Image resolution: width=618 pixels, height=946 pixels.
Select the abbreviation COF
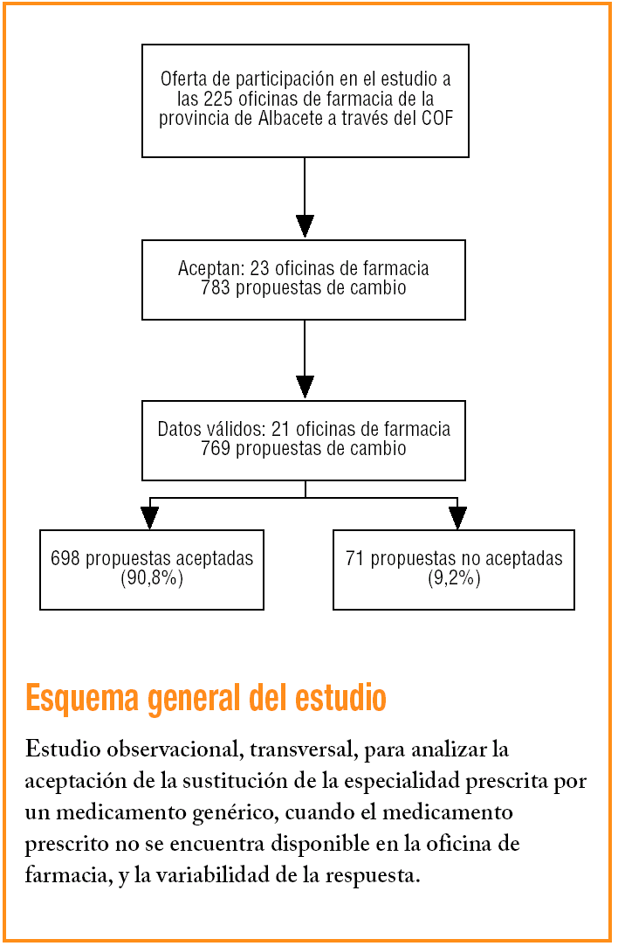pyautogui.click(x=436, y=119)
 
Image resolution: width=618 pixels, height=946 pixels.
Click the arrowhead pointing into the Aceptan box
pyautogui.click(x=305, y=225)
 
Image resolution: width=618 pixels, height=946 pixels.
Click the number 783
pyautogui.click(x=215, y=287)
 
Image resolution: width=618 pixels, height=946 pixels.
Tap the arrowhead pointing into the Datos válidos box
pyautogui.click(x=305, y=386)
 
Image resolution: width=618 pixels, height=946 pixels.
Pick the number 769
pyautogui.click(x=215, y=449)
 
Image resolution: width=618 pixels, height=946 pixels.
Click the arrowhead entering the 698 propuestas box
pyautogui.click(x=150, y=517)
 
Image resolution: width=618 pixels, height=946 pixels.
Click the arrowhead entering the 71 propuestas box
pyautogui.click(x=457, y=517)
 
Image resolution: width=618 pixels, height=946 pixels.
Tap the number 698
pyautogui.click(x=65, y=558)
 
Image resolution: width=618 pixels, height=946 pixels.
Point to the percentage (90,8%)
pyautogui.click(x=152, y=577)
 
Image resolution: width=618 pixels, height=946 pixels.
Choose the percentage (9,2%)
pyautogui.click(x=454, y=577)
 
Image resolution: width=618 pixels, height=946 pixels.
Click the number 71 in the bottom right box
pyautogui.click(x=354, y=558)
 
